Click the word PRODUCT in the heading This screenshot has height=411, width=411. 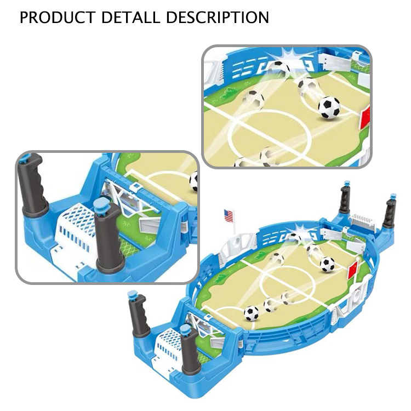pos(58,18)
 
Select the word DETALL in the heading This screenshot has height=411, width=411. pos(130,18)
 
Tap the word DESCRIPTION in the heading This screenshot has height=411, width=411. pos(218,18)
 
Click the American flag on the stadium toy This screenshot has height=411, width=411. pos(229,216)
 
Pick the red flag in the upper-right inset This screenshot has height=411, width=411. pos(365,117)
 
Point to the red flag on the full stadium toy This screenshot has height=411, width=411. pos(352,270)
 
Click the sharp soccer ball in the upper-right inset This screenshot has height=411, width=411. pos(329,107)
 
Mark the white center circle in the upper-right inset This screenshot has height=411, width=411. pos(270,136)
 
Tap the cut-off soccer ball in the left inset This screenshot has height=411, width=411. pos(193,181)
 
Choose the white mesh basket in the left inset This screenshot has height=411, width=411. pos(76,231)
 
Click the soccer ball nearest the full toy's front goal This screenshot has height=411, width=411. pos(252,313)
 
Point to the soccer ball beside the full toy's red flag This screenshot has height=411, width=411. pos(327,264)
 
